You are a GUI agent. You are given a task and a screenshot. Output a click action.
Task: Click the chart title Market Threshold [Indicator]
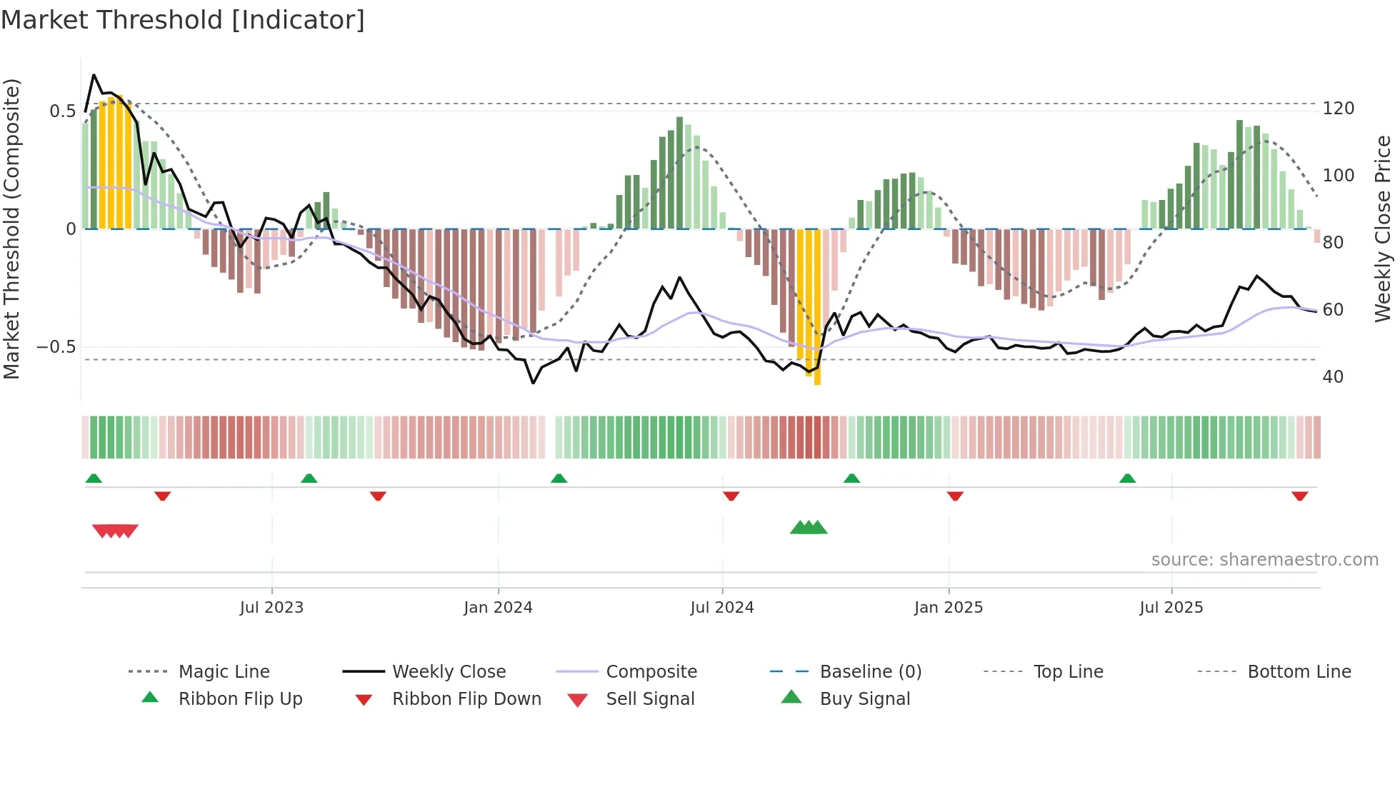183,20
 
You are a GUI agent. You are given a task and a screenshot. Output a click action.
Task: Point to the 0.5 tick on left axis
62,111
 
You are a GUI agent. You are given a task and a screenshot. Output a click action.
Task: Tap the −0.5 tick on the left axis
56,347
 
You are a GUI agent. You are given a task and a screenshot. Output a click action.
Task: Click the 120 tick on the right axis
1338,109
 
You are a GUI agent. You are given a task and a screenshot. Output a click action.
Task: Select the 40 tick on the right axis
1333,376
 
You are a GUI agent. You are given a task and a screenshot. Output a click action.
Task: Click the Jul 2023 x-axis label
271,608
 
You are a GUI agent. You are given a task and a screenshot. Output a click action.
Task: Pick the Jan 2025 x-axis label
948,608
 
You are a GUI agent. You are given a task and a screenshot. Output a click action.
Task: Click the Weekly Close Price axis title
1383,229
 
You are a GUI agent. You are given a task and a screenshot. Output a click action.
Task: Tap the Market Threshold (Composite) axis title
11,229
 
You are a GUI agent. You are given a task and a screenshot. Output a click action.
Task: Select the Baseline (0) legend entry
870,672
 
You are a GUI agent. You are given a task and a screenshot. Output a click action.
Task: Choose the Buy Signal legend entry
864,699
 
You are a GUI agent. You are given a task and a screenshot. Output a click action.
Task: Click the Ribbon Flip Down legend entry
466,699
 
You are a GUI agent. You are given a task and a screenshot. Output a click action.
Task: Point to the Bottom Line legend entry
1299,672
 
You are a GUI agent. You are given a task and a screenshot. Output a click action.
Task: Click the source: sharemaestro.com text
1264,560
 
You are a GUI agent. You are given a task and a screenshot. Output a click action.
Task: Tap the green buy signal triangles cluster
809,528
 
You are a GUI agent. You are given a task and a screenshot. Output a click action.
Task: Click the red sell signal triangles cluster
115,531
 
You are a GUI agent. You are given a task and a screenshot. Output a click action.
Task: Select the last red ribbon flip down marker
1299,496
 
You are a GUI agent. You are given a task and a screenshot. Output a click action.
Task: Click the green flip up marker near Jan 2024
559,478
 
